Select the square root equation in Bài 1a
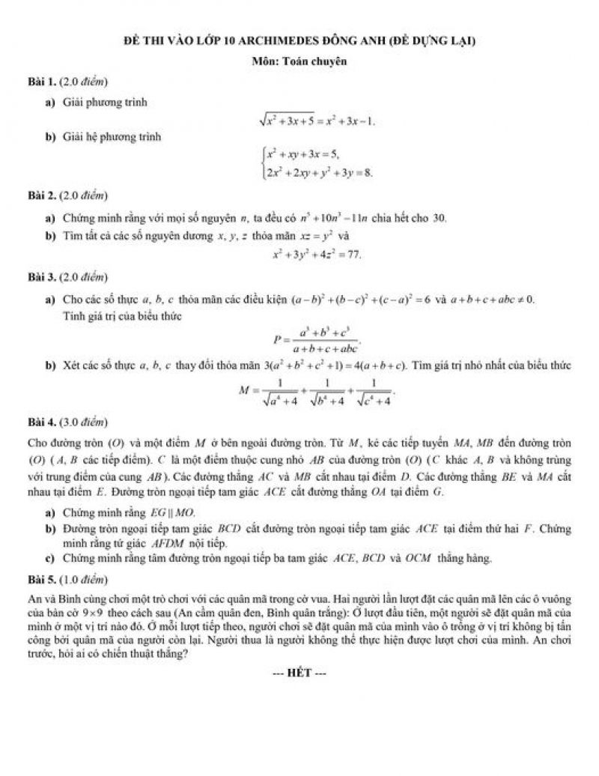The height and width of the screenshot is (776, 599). point(314,120)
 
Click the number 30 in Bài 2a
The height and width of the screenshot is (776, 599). point(440,218)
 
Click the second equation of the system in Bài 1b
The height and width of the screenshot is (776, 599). point(317,173)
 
